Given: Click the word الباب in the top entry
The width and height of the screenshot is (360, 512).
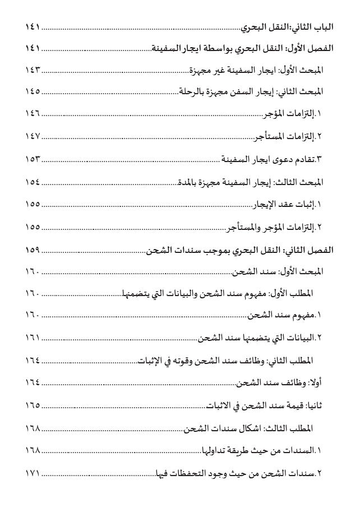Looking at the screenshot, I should tap(324, 26).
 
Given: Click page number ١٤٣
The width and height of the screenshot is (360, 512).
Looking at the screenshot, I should tap(34, 70).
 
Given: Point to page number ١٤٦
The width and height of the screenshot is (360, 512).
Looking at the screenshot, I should tap(34, 113).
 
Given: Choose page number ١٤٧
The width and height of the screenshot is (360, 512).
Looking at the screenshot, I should tap(34, 136).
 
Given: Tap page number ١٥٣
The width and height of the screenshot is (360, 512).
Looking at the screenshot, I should tap(34, 158).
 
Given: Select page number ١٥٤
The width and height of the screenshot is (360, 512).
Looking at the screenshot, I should tap(34, 181).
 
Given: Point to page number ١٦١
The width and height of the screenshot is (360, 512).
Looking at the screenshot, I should tap(34, 338).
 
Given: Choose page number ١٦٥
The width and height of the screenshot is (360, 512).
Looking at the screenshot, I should tap(34, 405).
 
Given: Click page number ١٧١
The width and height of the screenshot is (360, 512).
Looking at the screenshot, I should tap(34, 473).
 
